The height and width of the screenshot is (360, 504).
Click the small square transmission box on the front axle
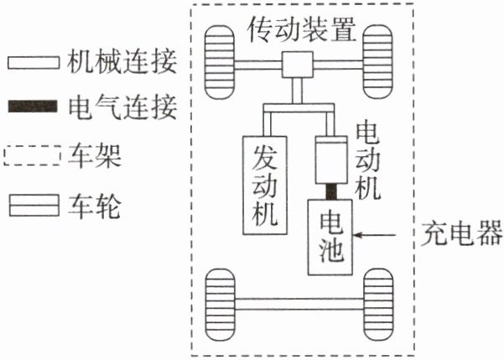[x=297, y=64]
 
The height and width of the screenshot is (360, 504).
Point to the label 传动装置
[x=301, y=31]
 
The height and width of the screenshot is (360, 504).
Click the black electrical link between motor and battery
[x=330, y=191]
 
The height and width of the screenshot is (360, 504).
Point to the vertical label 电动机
[x=368, y=160]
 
